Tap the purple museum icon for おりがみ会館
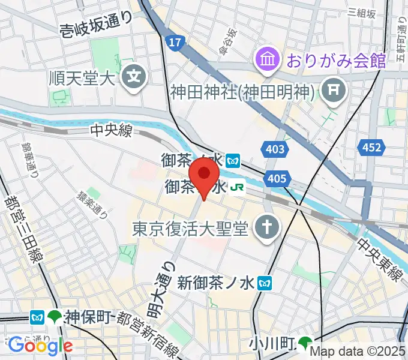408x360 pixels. [x=266, y=59]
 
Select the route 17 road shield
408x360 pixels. [x=174, y=43]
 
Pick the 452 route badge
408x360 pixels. [x=371, y=148]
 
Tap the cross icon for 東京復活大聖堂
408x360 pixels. [x=263, y=227]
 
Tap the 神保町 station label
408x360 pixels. [x=88, y=316]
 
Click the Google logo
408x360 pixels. [x=40, y=345]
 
